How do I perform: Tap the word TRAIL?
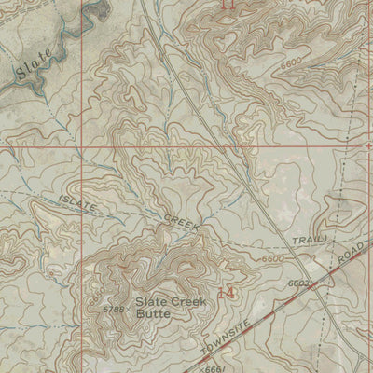click(x=306, y=241)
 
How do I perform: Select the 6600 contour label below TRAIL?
click(x=273, y=257)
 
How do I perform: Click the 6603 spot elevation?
click(x=297, y=281)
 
